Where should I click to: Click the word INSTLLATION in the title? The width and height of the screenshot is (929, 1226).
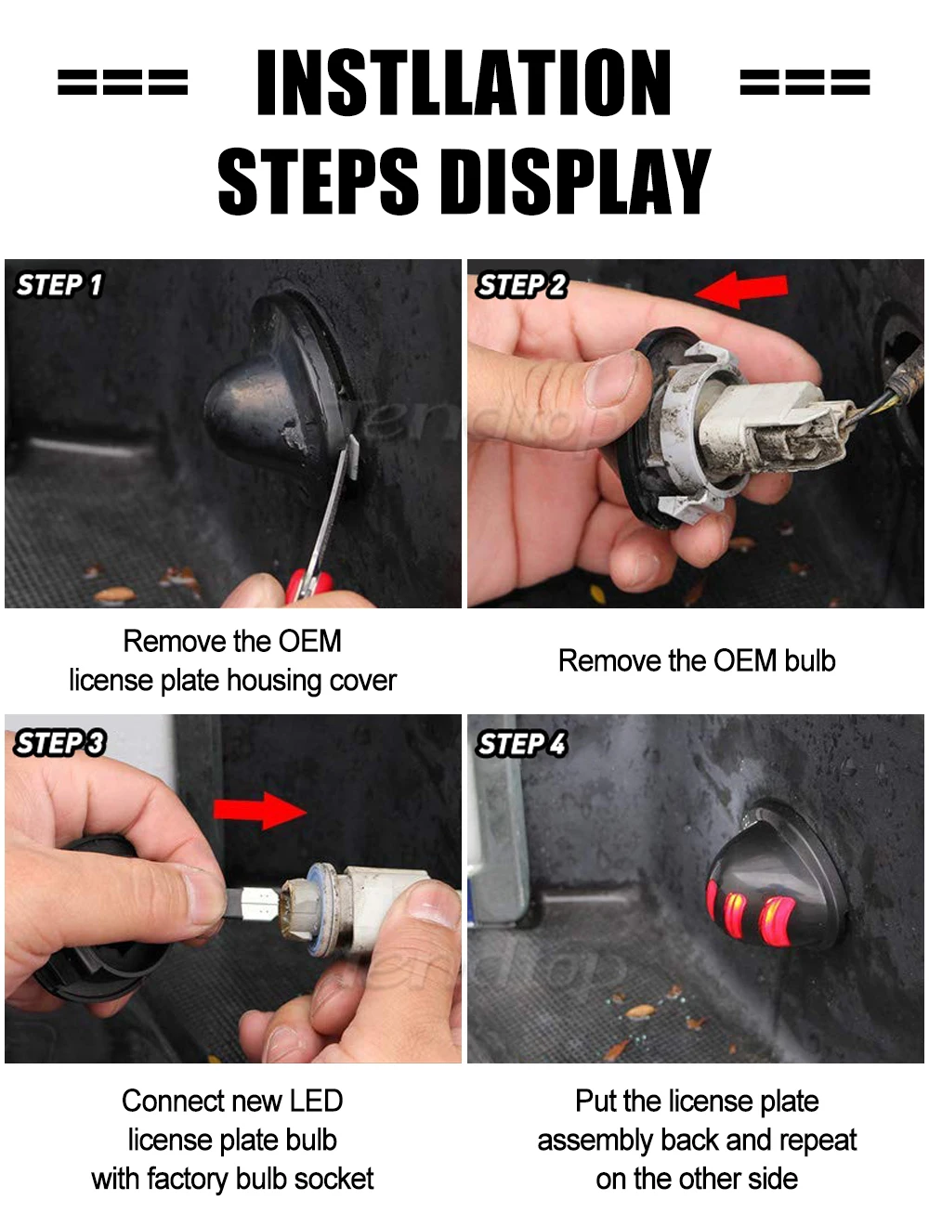point(463,82)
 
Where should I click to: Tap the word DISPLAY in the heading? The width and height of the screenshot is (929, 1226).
point(575,181)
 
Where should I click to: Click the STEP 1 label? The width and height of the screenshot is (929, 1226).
point(59,285)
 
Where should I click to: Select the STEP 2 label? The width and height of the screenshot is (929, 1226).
point(520,285)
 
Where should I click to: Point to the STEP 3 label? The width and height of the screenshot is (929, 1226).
point(59,743)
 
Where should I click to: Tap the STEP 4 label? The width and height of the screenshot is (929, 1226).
point(521,743)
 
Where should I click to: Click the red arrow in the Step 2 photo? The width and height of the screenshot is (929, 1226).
point(741,289)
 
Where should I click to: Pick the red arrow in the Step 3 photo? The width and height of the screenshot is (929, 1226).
point(260,811)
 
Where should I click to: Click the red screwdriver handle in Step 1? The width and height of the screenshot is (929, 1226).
point(308,586)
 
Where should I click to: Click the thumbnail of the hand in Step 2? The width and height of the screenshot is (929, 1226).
point(610,378)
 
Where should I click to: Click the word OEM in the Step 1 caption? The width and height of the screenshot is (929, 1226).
point(309,641)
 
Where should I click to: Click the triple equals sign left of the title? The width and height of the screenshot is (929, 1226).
point(123,82)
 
